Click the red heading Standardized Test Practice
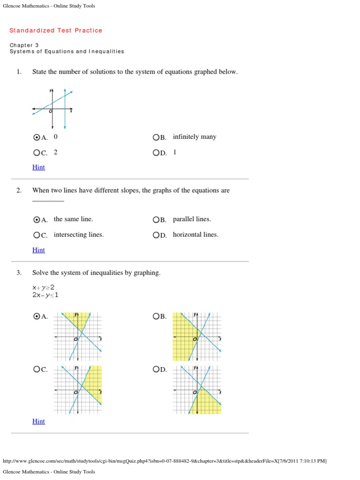(x=56, y=30)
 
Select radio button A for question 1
(x=37, y=137)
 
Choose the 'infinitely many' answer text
(x=195, y=137)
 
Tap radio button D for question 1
(x=156, y=153)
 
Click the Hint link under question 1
(x=38, y=167)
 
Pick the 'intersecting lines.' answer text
(x=79, y=234)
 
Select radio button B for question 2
(x=156, y=219)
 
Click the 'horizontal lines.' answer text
(x=195, y=234)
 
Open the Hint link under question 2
(x=38, y=250)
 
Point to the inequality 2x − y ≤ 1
(x=45, y=295)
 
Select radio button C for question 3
(x=37, y=369)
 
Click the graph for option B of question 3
(x=197, y=336)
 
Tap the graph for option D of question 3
(x=197, y=390)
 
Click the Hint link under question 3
(x=38, y=421)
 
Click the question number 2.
(x=19, y=191)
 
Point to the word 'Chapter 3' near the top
(x=24, y=45)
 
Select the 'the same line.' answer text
(x=74, y=219)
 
